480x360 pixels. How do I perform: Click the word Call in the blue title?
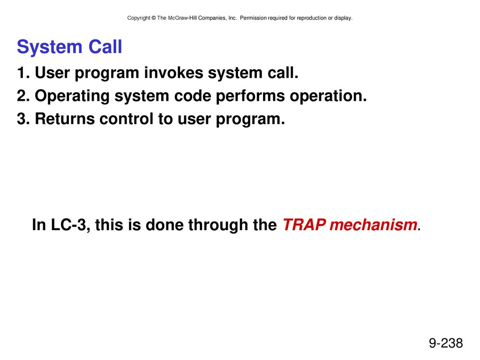pyautogui.click(x=105, y=47)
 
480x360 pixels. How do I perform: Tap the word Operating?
pyautogui.click(x=72, y=96)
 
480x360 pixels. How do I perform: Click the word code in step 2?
pyautogui.click(x=193, y=96)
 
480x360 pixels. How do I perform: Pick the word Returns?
pyautogui.click(x=65, y=119)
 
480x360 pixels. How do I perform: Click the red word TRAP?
pyautogui.click(x=304, y=225)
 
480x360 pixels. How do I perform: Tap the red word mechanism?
pyautogui.click(x=374, y=225)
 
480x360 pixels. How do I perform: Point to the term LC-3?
pyautogui.click(x=68, y=225)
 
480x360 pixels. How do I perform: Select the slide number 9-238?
pyautogui.click(x=446, y=343)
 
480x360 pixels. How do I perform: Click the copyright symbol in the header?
pyautogui.click(x=154, y=18)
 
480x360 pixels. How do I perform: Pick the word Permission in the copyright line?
pyautogui.click(x=253, y=18)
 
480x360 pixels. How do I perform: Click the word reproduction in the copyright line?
pyautogui.click(x=312, y=18)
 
